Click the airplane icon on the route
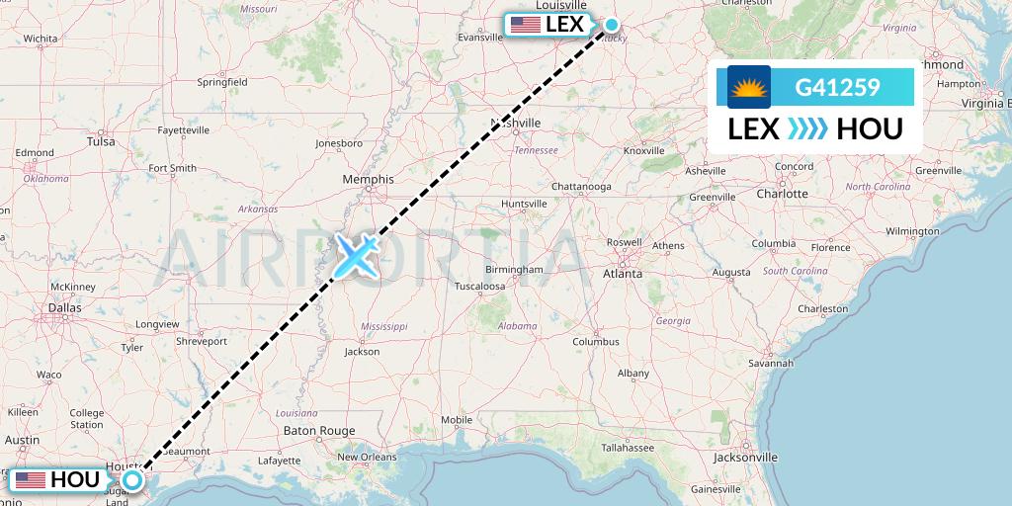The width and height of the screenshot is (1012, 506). [x=356, y=255]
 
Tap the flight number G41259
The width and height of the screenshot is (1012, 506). [x=837, y=88]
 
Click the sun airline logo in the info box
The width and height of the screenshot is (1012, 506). [x=749, y=87]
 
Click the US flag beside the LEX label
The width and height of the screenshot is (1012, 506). [x=525, y=25]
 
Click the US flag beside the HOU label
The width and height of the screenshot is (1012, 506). [x=30, y=480]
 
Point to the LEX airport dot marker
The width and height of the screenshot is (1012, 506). [x=612, y=26]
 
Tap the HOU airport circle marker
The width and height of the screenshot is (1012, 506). [x=132, y=479]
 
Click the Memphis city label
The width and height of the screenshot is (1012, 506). [x=368, y=179]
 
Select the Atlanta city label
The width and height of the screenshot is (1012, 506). [x=625, y=274]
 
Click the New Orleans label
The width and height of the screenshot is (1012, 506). [x=367, y=457]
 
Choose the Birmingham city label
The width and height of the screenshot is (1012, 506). [x=513, y=269]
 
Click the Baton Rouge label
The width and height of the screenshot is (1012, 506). [x=318, y=431]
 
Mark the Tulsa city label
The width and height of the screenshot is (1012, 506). [x=101, y=141]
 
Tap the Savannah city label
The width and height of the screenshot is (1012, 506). [x=771, y=364]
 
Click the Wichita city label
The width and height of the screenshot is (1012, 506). [x=41, y=39]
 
